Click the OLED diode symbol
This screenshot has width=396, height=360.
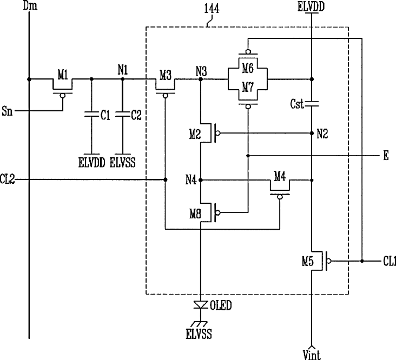coord(201,305)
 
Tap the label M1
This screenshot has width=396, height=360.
coord(63,75)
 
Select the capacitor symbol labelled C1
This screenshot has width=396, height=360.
coord(91,114)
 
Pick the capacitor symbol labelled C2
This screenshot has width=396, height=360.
coord(123,114)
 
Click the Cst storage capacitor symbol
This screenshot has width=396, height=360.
coord(312,103)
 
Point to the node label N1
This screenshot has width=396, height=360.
coord(123,70)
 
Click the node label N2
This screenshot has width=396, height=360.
coord(322,134)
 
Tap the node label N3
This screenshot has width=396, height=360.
coord(201,72)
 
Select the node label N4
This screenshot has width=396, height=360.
coord(191,180)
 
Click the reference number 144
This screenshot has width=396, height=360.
coord(212,9)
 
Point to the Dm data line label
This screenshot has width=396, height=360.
coord(30,5)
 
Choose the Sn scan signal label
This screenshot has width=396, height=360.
coord(7,111)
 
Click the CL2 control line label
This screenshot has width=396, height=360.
coord(7,179)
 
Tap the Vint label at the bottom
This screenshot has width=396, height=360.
coord(312,355)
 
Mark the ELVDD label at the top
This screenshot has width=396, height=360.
coord(311,7)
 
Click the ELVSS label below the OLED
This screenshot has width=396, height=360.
coord(199,334)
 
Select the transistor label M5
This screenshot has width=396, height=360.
coord(308,262)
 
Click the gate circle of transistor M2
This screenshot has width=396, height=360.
coord(217,133)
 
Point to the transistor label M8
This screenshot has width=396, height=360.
coord(195,214)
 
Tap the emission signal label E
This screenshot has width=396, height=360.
coord(386,156)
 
